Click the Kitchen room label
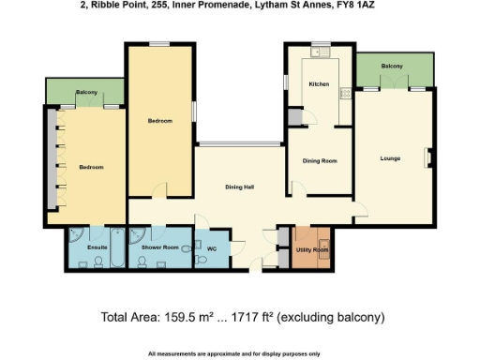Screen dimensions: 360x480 pyautogui.click(x=320, y=84)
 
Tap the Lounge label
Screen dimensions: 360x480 pyautogui.click(x=390, y=158)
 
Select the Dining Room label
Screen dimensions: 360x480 pyautogui.click(x=319, y=161)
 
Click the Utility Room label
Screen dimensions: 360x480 pyautogui.click(x=313, y=250)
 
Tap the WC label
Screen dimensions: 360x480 pyautogui.click(x=211, y=249)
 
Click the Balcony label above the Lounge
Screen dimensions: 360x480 pyautogui.click(x=392, y=67)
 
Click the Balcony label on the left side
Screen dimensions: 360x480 pyautogui.click(x=86, y=93)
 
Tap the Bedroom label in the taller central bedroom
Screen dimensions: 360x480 pyautogui.click(x=159, y=121)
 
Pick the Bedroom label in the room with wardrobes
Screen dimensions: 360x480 pyautogui.click(x=91, y=168)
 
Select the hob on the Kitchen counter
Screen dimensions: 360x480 pyautogui.click(x=345, y=92)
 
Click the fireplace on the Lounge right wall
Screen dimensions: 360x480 pyautogui.click(x=429, y=157)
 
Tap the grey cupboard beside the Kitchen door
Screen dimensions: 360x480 pyautogui.click(x=294, y=117)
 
